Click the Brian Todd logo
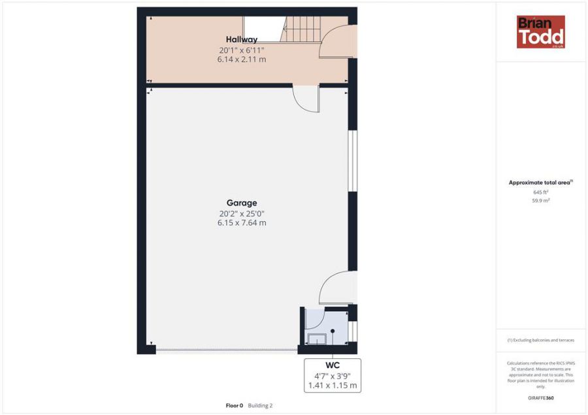click(x=540, y=31)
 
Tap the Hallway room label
click(x=241, y=40)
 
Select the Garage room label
click(x=241, y=203)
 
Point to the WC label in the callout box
click(x=333, y=365)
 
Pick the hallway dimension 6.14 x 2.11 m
click(x=241, y=59)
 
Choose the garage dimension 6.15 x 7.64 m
click(x=241, y=223)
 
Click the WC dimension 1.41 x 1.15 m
click(x=333, y=386)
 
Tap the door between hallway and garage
click(x=306, y=99)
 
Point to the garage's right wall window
click(x=351, y=161)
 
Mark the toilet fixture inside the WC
click(x=318, y=337)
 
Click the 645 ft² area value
click(x=540, y=192)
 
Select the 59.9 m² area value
click(x=540, y=201)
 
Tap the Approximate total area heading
click(x=540, y=183)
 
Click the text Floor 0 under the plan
click(x=234, y=405)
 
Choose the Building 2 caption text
click(x=260, y=405)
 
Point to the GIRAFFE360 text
click(x=540, y=398)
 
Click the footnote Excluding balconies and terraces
click(x=540, y=341)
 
